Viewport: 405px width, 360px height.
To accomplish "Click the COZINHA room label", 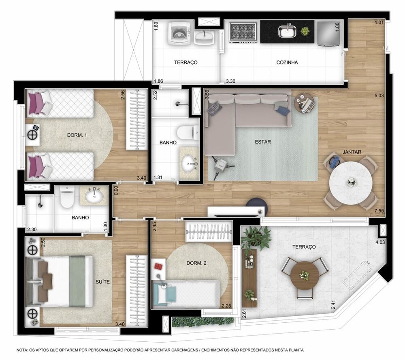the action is tap(287, 62).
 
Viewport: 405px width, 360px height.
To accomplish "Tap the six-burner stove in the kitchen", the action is tap(243, 32).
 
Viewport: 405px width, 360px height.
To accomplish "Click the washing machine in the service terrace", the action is tap(179, 33).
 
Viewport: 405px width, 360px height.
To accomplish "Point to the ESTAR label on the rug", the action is tap(263, 142).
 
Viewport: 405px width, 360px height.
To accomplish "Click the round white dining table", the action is tap(350, 182).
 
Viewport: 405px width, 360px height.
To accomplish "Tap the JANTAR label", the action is tap(352, 152).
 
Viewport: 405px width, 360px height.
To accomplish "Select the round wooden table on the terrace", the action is tap(305, 275).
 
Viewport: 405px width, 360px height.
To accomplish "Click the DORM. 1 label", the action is tap(77, 135).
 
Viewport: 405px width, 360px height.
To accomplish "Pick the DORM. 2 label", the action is tap(196, 263).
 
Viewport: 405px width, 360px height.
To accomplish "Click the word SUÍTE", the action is tap(102, 282).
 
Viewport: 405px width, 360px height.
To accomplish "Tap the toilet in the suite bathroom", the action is tap(67, 196).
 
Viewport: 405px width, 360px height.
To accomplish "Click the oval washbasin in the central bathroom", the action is tap(189, 163).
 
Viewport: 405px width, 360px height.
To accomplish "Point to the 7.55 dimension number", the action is tap(379, 211).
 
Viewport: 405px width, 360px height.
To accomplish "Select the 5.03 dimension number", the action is tap(379, 95).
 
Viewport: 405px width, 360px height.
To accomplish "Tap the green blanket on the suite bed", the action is tap(77, 281).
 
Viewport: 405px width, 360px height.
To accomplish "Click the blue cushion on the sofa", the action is tap(283, 110).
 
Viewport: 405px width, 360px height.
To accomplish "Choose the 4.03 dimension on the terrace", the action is tap(380, 242).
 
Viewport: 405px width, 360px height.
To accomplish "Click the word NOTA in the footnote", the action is tap(22, 350).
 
